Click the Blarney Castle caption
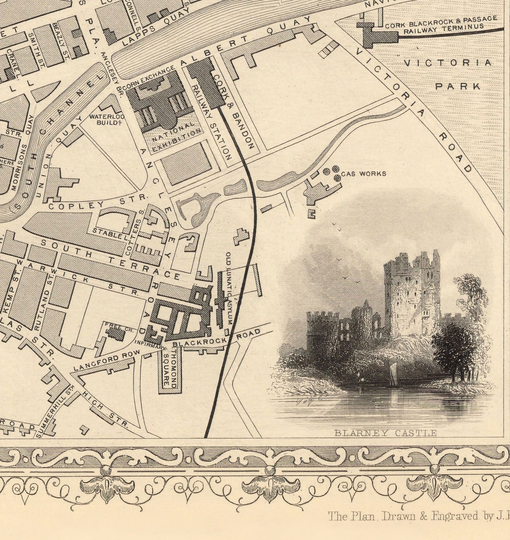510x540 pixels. (x=385, y=433)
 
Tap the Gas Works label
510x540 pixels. (x=364, y=174)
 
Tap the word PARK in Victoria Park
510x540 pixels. (x=458, y=86)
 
